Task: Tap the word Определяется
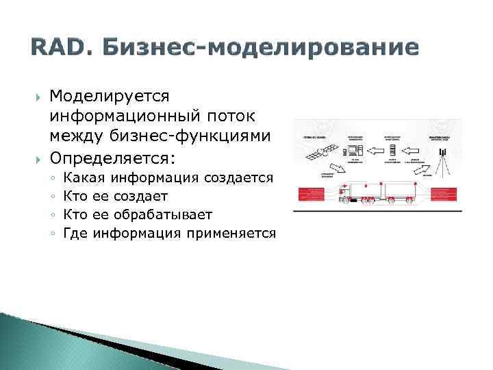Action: [112, 158]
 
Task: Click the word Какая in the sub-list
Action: [84, 178]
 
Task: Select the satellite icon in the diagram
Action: [322, 151]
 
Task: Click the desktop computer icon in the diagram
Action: [355, 151]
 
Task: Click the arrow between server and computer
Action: [374, 150]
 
